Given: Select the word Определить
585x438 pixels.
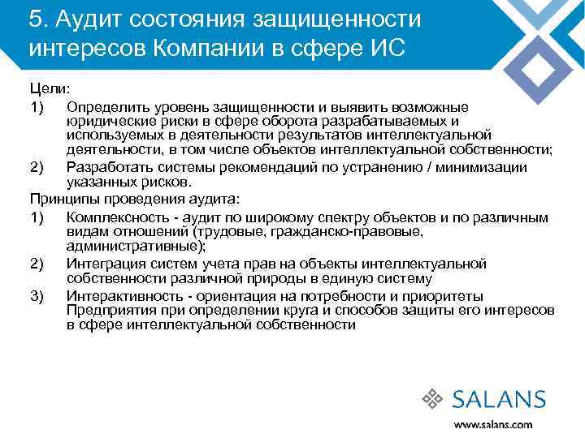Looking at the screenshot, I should pyautogui.click(x=108, y=107).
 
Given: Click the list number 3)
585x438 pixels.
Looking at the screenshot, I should pyautogui.click(x=37, y=295).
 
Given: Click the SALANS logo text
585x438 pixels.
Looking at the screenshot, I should pyautogui.click(x=498, y=398).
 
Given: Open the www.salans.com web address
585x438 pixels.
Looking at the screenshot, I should pyautogui.click(x=492, y=423).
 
